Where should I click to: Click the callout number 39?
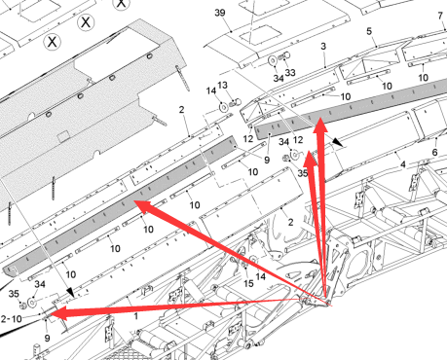click(x=220, y=13)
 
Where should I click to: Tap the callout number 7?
click(x=440, y=16)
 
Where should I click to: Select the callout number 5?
click(x=369, y=31)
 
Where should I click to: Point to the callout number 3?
click(x=323, y=47)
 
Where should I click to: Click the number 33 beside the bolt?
click(x=290, y=72)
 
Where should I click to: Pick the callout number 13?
click(x=222, y=85)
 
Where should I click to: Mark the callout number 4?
click(x=403, y=164)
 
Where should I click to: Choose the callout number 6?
click(x=434, y=152)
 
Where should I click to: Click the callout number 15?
click(x=248, y=283)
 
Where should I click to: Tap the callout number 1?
click(x=136, y=316)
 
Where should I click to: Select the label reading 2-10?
click(x=12, y=319)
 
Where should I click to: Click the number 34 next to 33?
click(x=279, y=78)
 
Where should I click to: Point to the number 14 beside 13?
click(x=211, y=90)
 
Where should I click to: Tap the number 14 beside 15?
click(x=261, y=276)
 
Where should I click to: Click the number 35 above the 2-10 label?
click(x=14, y=294)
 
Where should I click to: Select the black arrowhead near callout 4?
click(x=337, y=142)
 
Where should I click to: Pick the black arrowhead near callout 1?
click(x=70, y=292)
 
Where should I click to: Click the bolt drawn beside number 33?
click(x=284, y=55)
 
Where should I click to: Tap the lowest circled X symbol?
click(x=52, y=42)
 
